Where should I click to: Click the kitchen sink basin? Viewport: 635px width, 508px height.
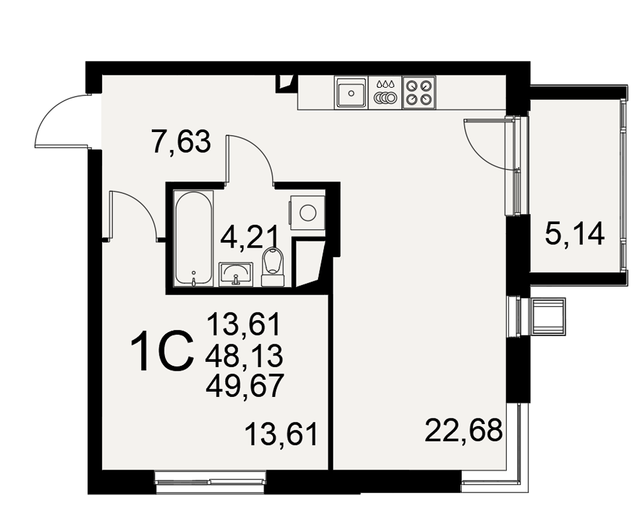(x=351, y=93)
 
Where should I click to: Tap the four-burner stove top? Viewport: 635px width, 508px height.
(x=418, y=92)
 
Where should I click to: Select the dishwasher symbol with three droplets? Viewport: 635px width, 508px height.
(x=385, y=93)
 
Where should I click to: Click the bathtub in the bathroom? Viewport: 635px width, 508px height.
(x=194, y=239)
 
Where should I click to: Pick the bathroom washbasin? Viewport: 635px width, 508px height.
(x=236, y=274)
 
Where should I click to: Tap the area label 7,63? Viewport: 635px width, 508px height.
(x=181, y=141)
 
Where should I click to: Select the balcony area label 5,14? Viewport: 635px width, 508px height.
(x=575, y=234)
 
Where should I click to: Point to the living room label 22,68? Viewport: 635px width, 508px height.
(x=464, y=431)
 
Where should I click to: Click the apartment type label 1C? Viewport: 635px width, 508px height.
(x=161, y=351)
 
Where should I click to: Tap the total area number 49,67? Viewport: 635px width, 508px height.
(x=244, y=385)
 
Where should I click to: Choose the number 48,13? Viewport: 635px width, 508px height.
(x=244, y=356)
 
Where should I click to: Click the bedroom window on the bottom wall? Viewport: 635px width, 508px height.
(x=211, y=482)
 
